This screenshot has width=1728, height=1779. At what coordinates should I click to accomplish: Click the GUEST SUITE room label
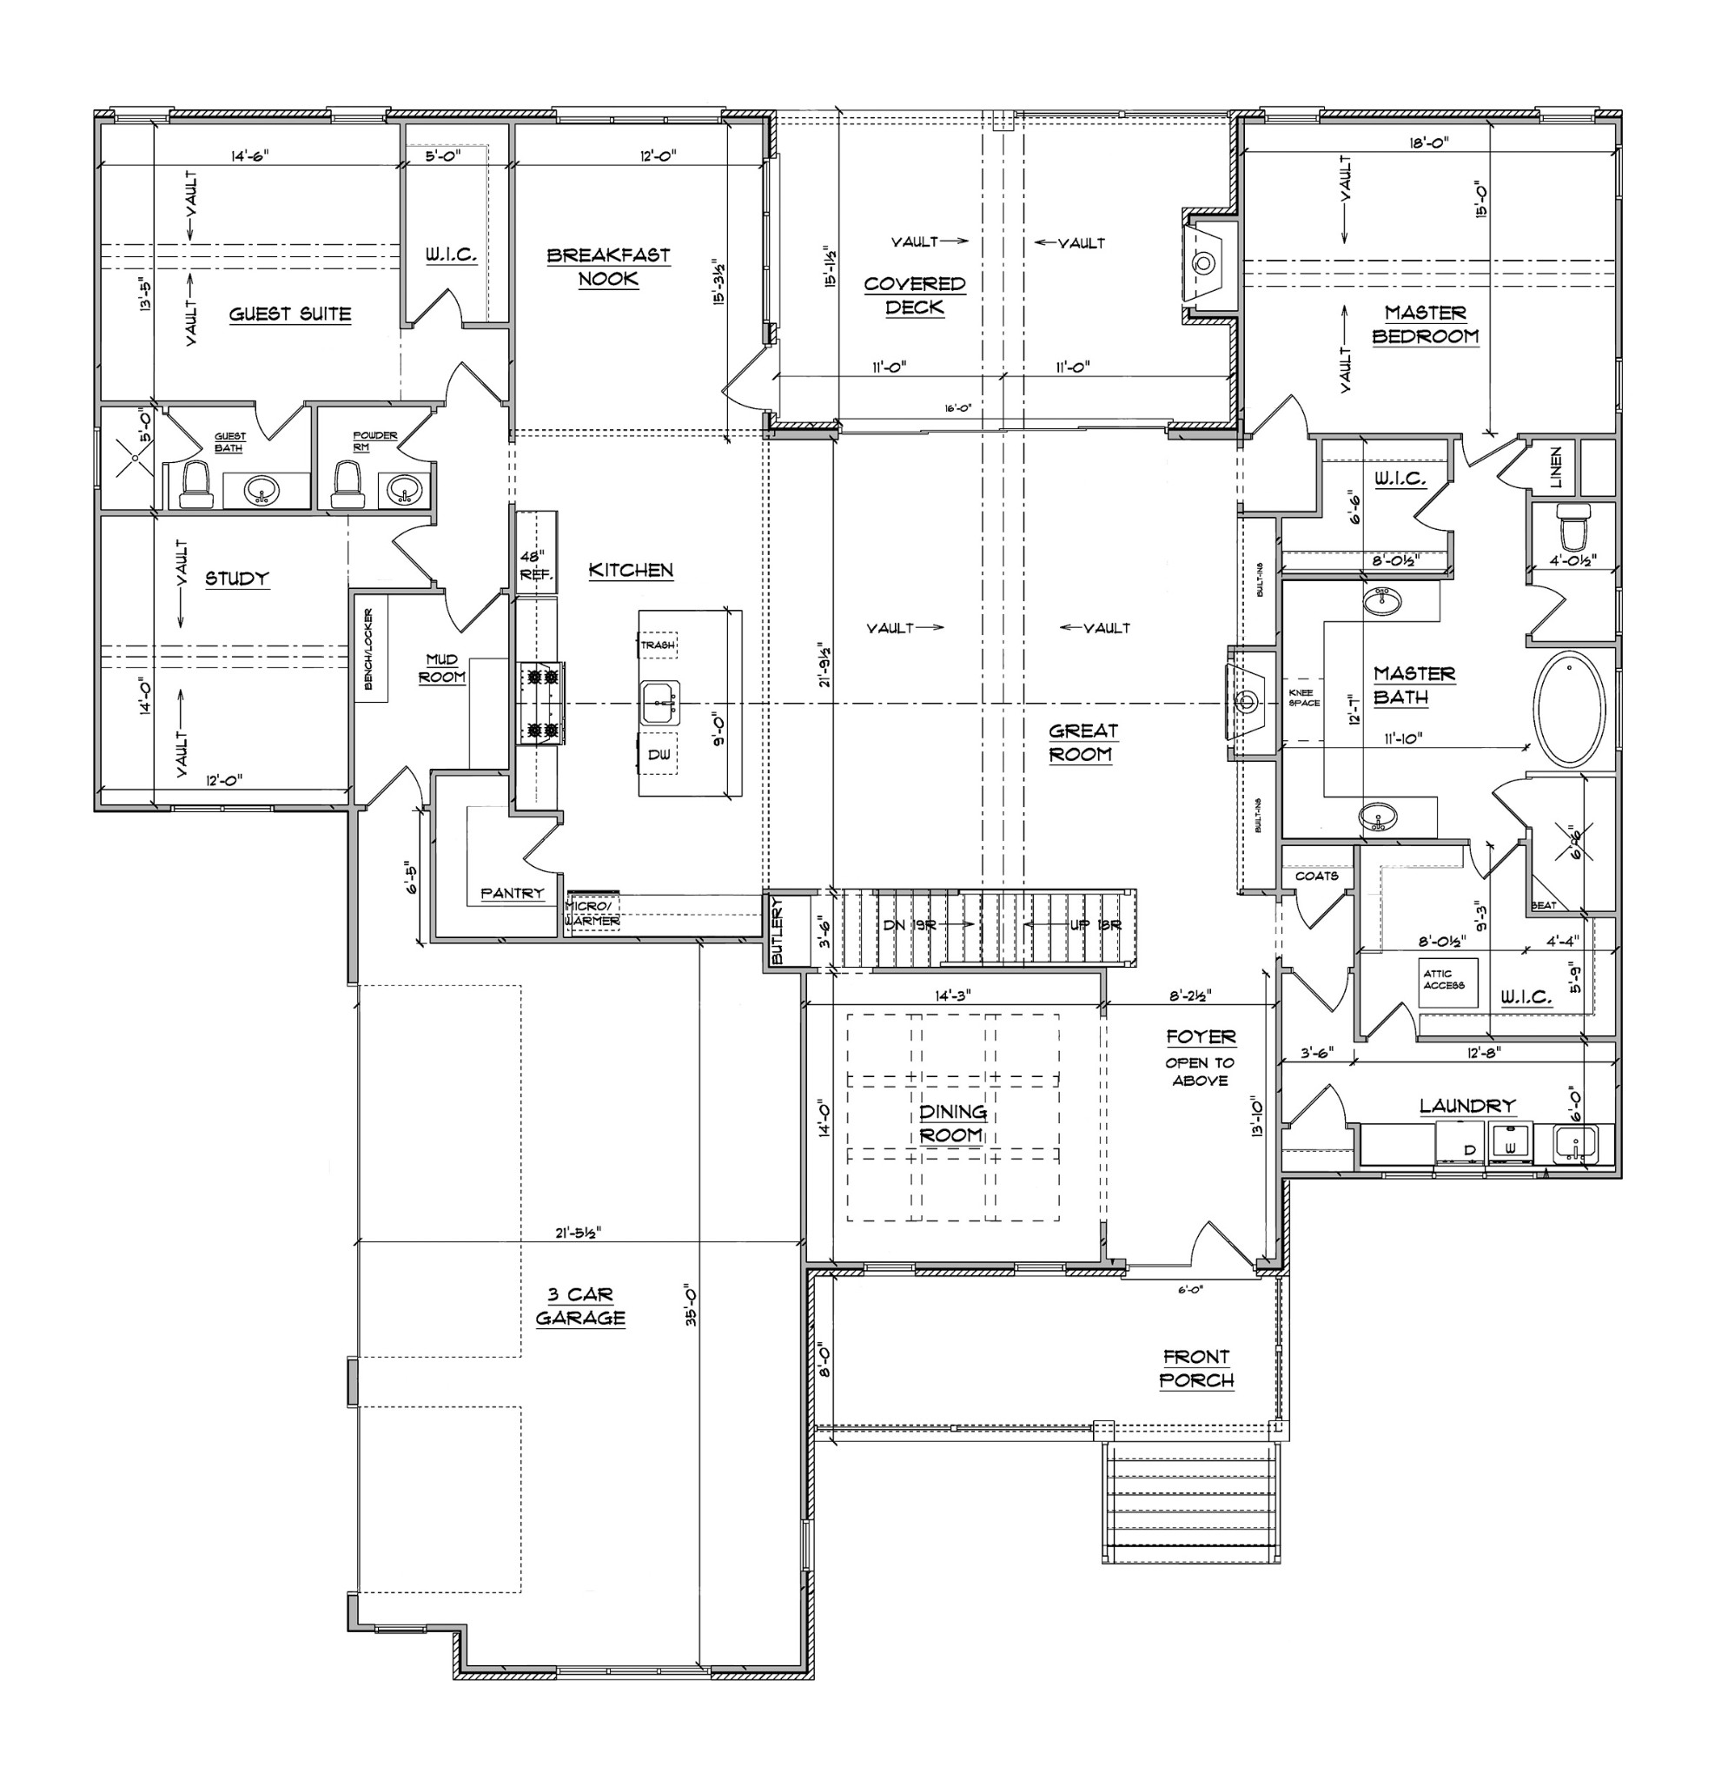tap(289, 314)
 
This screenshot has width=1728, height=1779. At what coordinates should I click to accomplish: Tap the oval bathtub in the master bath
tap(1569, 709)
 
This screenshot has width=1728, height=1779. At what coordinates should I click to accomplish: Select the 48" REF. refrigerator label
tap(535, 565)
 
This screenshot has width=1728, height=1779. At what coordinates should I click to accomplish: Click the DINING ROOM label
tap(951, 1124)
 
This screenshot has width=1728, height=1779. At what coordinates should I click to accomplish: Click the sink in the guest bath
tap(263, 491)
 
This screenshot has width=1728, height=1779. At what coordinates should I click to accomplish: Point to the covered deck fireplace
tap(1204, 264)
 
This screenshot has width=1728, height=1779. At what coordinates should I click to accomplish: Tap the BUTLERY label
tap(777, 931)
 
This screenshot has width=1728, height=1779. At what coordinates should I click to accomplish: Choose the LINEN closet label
tap(1556, 466)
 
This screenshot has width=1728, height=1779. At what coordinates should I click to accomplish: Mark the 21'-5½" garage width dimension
tap(579, 1233)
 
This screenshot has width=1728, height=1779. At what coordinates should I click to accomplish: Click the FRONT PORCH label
tap(1196, 1369)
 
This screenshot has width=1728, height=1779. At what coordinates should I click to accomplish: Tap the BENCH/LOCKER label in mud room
tap(369, 649)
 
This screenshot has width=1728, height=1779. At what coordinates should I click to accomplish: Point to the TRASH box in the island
tap(658, 645)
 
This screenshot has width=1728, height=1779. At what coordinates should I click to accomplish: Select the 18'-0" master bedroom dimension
tap(1429, 142)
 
